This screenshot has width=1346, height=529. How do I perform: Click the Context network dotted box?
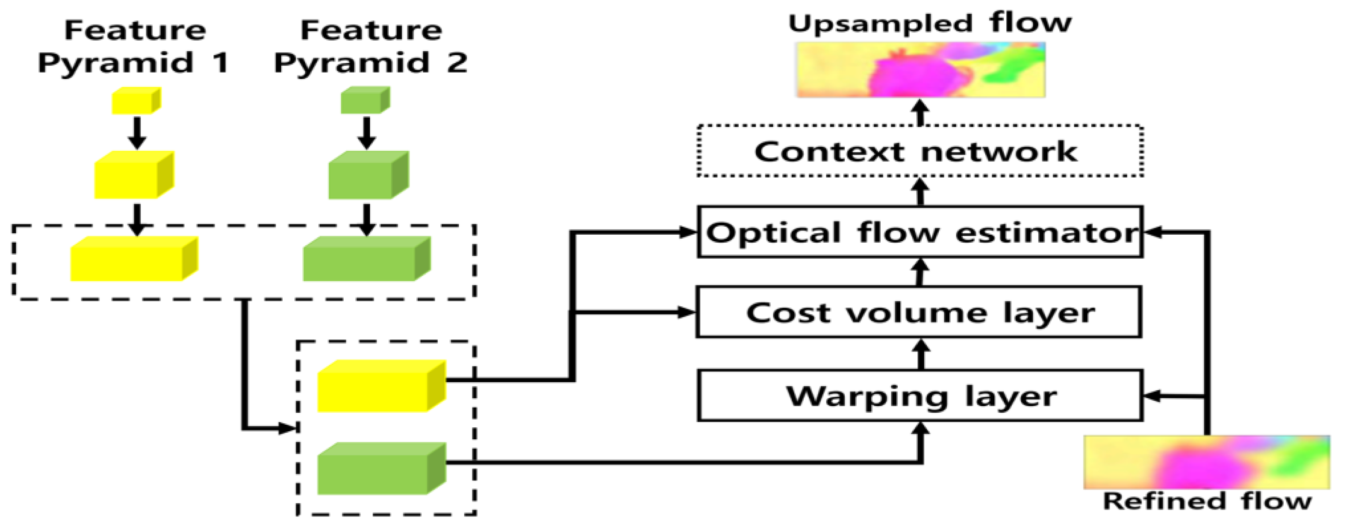919,151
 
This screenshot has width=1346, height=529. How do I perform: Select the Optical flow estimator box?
919,232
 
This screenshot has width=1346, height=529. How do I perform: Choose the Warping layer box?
919,396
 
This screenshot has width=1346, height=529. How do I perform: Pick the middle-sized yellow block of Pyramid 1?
134,175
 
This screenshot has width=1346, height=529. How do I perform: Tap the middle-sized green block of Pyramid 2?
368,175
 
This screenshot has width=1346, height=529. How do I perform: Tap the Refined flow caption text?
1206,501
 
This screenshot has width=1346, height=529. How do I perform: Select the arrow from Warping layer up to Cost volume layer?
921,354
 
